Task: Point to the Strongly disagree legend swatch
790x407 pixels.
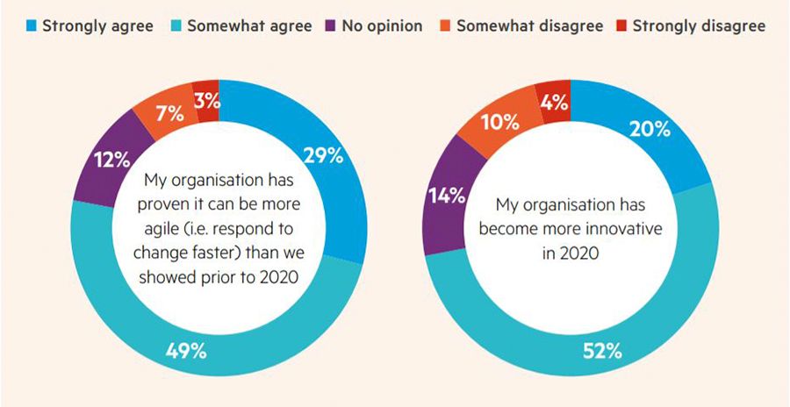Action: click(624, 25)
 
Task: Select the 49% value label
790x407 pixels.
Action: click(186, 352)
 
